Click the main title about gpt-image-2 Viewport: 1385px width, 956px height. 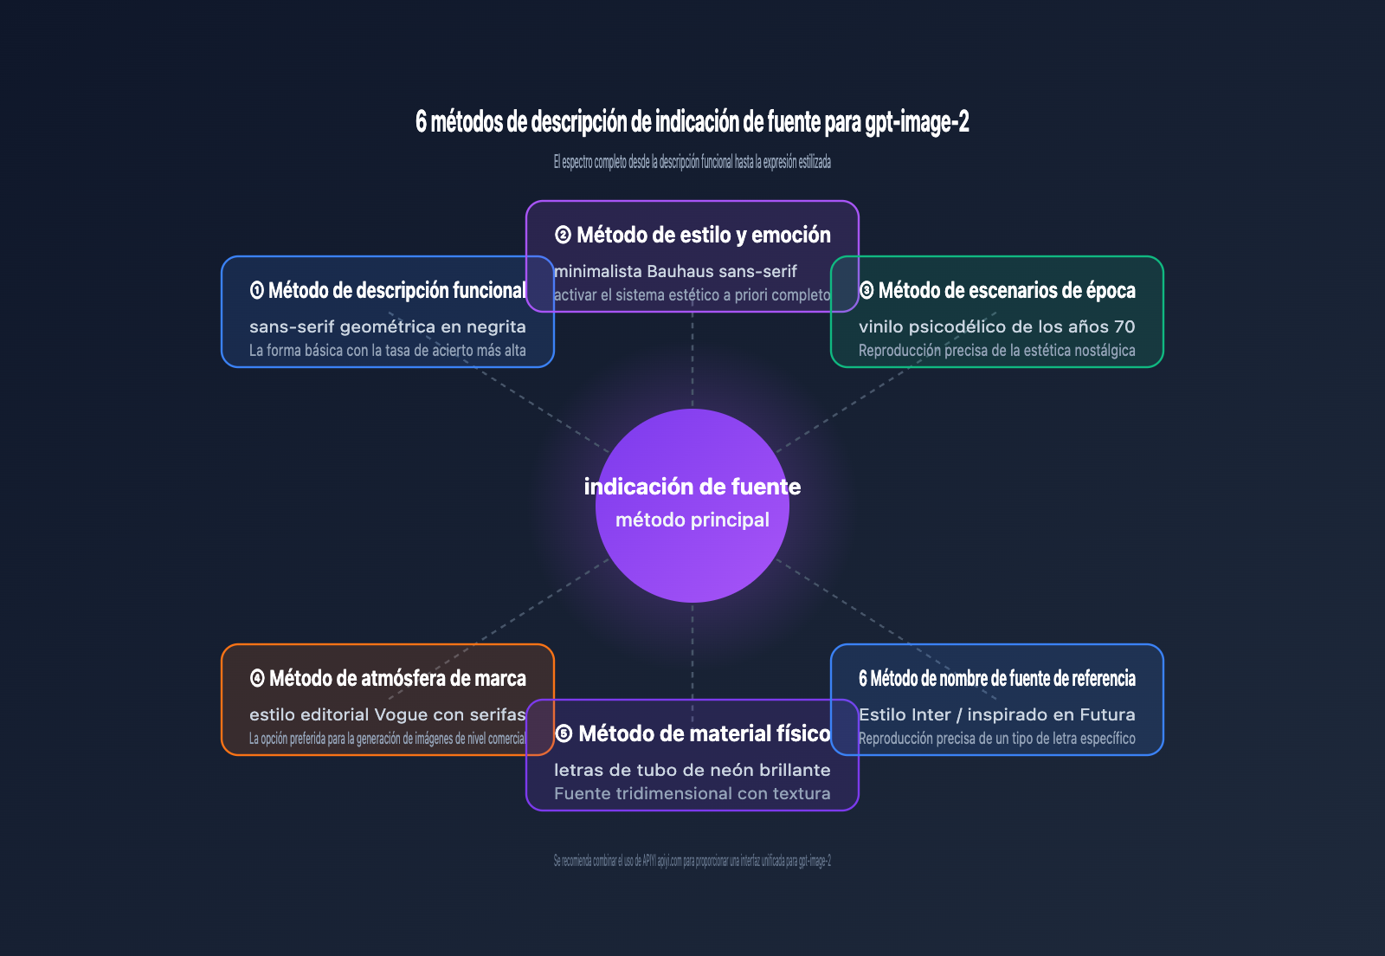(x=692, y=122)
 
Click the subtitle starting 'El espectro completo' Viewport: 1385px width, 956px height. (x=692, y=162)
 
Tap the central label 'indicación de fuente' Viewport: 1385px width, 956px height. (x=692, y=487)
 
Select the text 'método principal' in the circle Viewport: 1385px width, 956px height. (x=692, y=520)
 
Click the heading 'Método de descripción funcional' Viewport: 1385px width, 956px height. (x=397, y=290)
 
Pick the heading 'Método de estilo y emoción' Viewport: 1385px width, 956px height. (x=704, y=235)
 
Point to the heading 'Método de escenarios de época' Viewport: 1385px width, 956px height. (x=1007, y=290)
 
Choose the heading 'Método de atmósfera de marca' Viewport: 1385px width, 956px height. (x=397, y=678)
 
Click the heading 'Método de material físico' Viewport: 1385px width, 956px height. (x=705, y=733)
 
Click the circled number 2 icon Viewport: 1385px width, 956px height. (x=563, y=235)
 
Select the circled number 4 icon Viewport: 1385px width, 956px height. (x=257, y=678)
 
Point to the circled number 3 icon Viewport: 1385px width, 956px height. (x=866, y=290)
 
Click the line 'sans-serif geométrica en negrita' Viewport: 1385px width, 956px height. (x=388, y=326)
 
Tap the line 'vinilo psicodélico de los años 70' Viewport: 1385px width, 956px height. (x=996, y=326)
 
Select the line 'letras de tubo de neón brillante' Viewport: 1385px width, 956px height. (x=692, y=770)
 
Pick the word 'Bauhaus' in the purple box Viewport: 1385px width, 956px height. (x=680, y=271)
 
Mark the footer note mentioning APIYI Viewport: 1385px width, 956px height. (x=692, y=861)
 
